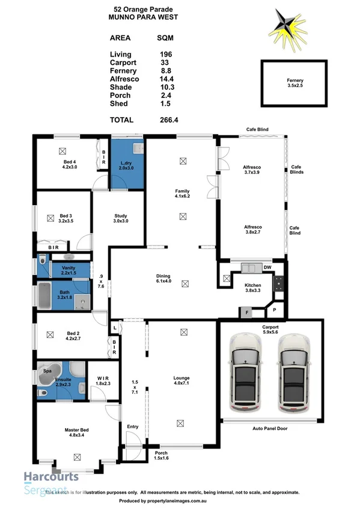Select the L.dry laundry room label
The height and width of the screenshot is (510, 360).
(126, 164)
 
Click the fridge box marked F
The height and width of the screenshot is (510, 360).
(245, 312)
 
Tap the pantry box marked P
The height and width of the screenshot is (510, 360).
(275, 310)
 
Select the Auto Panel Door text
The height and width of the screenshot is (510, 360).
(269, 429)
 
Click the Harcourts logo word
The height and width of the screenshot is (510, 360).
(51, 477)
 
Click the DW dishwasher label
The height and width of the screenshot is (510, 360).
(267, 267)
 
